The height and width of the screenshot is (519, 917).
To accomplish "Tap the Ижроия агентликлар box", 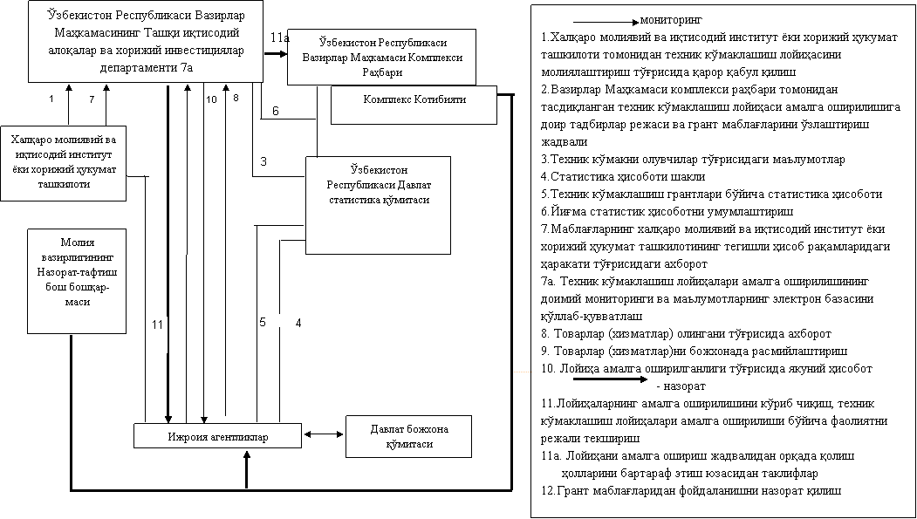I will pyautogui.click(x=217, y=435).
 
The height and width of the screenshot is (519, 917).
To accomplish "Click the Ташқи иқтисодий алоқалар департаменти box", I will pyautogui.click(x=145, y=41).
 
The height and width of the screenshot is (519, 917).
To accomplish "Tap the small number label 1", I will pyautogui.click(x=56, y=99).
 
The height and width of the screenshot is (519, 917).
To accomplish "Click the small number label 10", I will pyautogui.click(x=212, y=101).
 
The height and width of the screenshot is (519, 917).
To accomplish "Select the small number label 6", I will pyautogui.click(x=280, y=111).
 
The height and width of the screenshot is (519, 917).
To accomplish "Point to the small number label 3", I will pyautogui.click(x=269, y=162).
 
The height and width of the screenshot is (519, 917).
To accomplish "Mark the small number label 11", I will pyautogui.click(x=158, y=334).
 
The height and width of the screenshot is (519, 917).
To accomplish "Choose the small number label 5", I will pyautogui.click(x=269, y=321).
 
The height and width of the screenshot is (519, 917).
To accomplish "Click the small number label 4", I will pyautogui.click(x=305, y=323).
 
